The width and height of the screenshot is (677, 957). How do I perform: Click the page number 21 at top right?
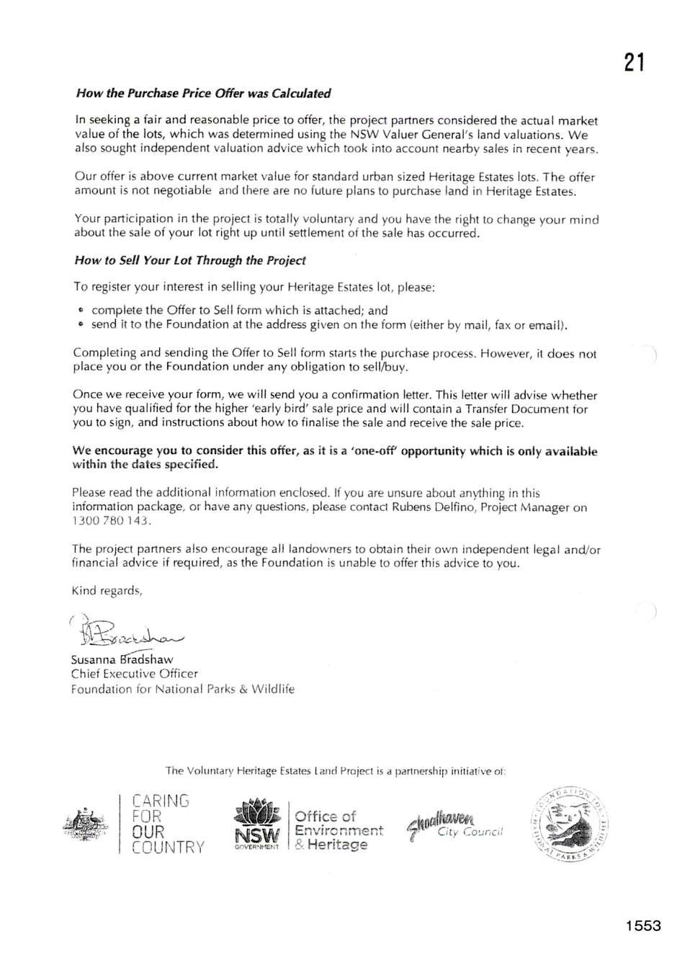click(x=633, y=63)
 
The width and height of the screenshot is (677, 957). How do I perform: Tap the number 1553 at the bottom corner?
click(x=642, y=926)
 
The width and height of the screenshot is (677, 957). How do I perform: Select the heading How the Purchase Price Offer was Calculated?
click(x=203, y=93)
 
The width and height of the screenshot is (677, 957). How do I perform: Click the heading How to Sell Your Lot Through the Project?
click(x=190, y=260)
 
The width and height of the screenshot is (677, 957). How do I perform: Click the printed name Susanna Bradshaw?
click(x=122, y=659)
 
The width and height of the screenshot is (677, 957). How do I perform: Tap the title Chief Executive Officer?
click(x=134, y=674)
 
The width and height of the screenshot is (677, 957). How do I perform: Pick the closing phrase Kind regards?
click(x=107, y=591)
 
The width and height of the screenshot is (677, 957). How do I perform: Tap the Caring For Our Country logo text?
click(x=167, y=824)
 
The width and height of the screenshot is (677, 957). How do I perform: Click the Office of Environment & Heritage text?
click(x=337, y=830)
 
